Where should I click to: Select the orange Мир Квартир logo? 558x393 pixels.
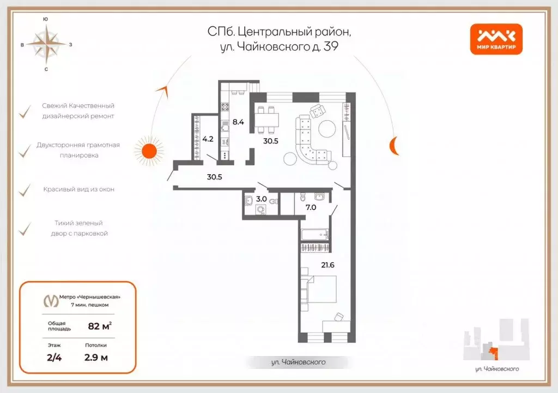point(496,40)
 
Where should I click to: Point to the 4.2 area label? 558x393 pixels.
point(208,139)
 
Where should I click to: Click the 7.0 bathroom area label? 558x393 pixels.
point(311,207)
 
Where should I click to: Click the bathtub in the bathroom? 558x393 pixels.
point(314,235)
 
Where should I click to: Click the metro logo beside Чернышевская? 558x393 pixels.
point(51,300)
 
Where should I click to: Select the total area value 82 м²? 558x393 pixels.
point(100,326)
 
